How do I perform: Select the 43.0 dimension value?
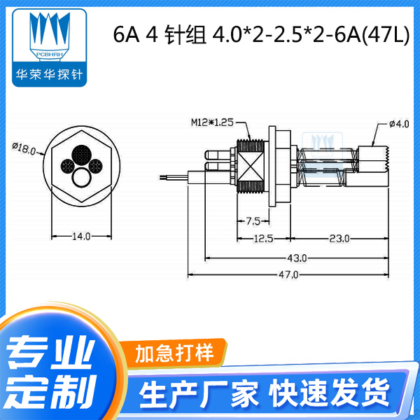coord(290,257)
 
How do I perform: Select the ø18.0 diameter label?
coord(24,147)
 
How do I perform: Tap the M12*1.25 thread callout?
coord(213,122)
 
